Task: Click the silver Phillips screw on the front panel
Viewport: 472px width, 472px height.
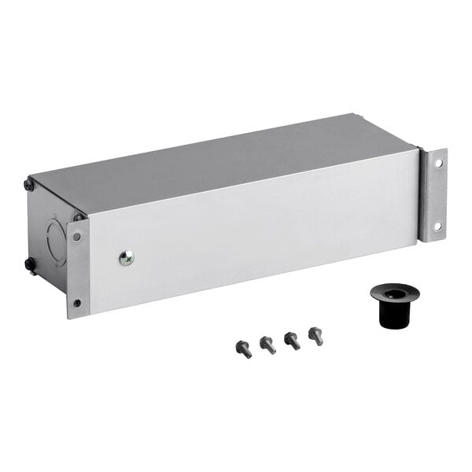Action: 126,256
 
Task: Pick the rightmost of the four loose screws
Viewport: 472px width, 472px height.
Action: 316,336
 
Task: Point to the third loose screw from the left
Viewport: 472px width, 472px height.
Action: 292,340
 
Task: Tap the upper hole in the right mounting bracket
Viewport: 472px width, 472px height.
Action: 437,164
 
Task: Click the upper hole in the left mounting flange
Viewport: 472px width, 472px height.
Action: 76,235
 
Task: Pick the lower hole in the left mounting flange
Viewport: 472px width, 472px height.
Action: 76,302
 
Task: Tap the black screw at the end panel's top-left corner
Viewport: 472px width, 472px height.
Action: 28,185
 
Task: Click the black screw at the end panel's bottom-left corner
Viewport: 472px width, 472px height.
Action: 29,264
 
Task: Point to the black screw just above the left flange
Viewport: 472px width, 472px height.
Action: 78,216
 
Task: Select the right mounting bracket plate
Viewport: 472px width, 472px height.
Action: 435,195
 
